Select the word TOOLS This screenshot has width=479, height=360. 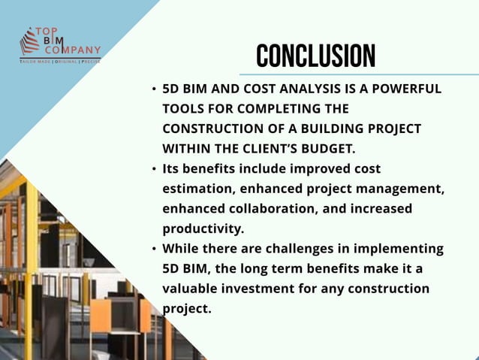pos(182,108)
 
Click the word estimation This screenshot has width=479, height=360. pos(198,189)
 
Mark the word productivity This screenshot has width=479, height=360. pos(202,228)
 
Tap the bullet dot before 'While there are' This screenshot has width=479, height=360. pos(153,249)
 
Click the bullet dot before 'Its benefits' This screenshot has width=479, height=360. pos(153,169)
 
